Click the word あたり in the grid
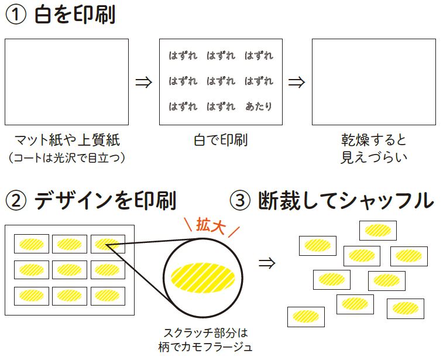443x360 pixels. [259, 107]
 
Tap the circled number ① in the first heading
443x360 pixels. [16, 15]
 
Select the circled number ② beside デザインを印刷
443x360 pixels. [16, 201]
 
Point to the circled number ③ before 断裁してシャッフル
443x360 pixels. [240, 201]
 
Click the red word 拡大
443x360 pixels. [211, 225]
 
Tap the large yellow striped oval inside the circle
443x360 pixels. [203, 277]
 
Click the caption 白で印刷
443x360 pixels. [221, 140]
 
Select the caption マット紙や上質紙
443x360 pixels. [67, 140]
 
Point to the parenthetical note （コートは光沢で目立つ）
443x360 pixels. [67, 157]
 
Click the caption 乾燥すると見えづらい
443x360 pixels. [374, 149]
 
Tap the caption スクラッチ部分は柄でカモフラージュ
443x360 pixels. [205, 340]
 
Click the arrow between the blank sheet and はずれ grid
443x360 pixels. [144, 82]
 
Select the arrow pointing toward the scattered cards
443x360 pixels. [267, 263]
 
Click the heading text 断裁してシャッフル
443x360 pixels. [346, 201]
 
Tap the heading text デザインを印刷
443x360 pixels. [105, 201]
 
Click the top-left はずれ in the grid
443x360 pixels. [183, 56]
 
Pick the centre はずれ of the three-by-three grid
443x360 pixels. [221, 81]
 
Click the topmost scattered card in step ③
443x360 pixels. [378, 231]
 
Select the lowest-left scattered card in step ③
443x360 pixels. [306, 317]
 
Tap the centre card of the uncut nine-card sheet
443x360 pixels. [70, 270]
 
